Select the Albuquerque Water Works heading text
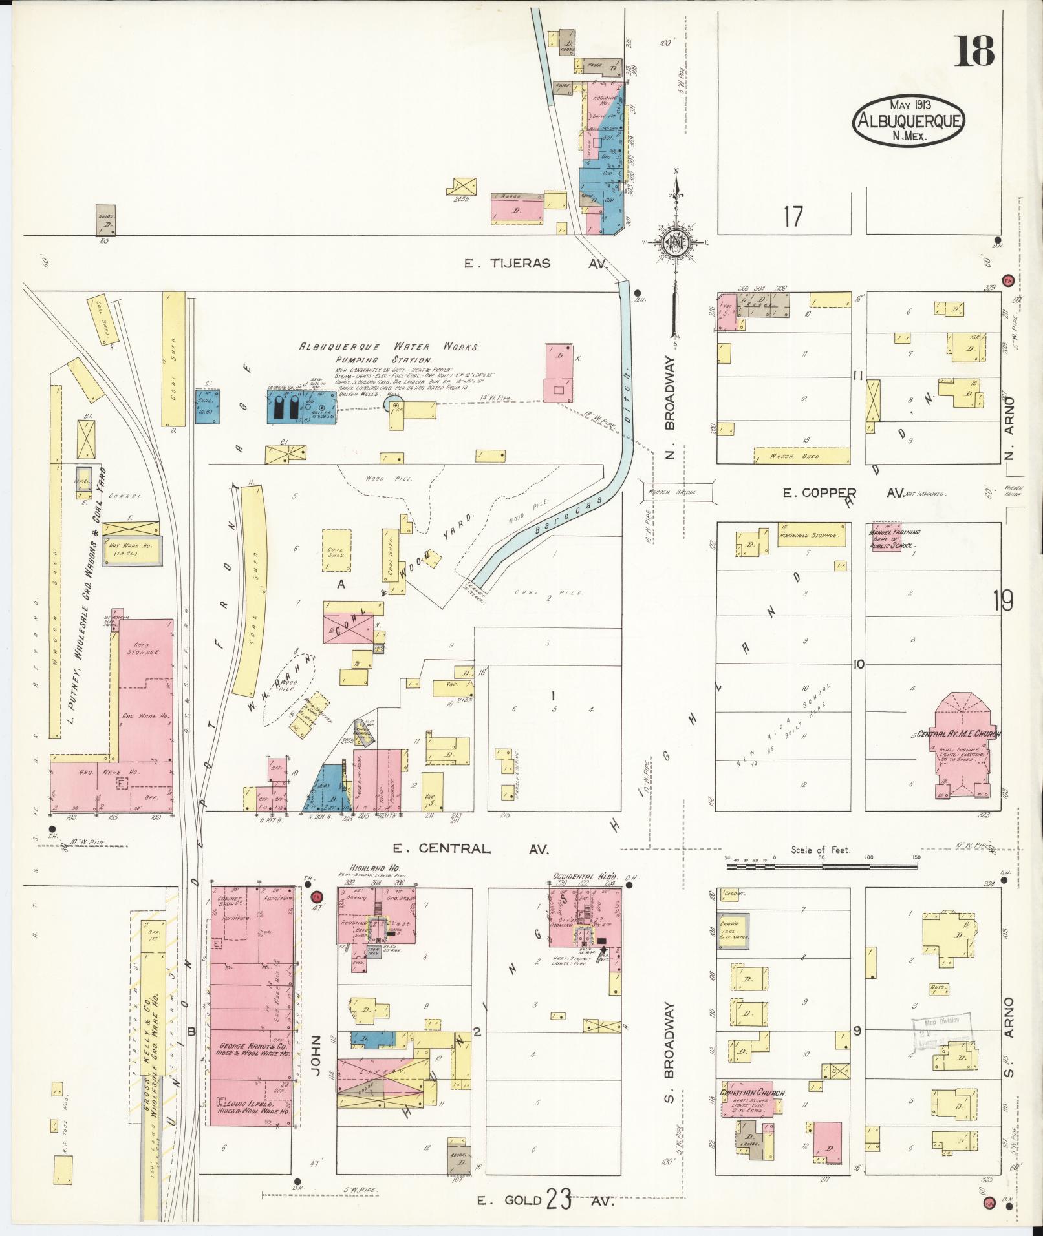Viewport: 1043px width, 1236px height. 388,348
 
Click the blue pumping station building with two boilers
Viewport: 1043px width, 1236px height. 301,406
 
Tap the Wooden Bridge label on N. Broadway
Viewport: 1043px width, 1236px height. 678,492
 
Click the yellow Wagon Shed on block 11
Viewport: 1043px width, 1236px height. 801,456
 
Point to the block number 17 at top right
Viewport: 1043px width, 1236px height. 793,217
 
